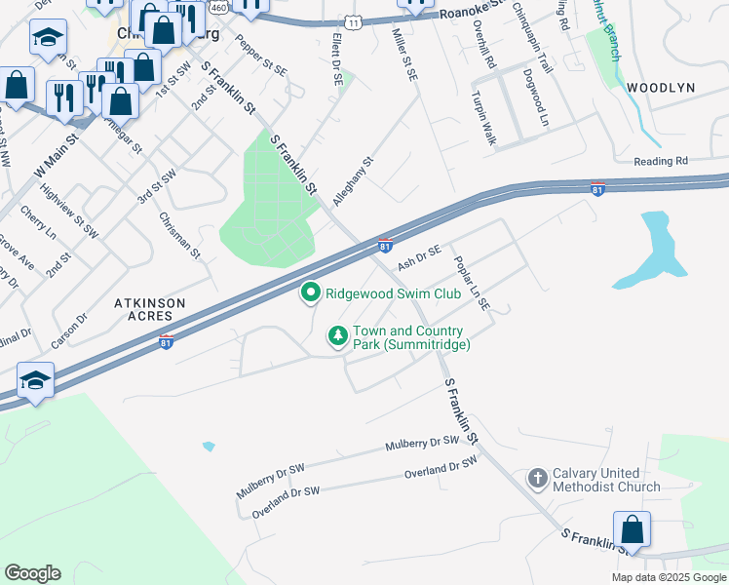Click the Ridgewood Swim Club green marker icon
[311, 292]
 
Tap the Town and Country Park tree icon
[338, 336]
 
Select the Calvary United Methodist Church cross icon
[537, 478]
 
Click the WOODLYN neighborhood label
[661, 88]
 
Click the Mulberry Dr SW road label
[421, 444]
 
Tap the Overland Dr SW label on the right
[441, 470]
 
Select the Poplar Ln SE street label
[472, 284]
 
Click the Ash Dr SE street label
[420, 258]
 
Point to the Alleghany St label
[353, 181]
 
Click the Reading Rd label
[661, 162]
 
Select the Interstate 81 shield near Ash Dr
[386, 245]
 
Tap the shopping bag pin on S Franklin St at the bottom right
[632, 531]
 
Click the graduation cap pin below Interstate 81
[35, 382]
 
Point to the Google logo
[32, 573]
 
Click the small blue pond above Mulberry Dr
[209, 447]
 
